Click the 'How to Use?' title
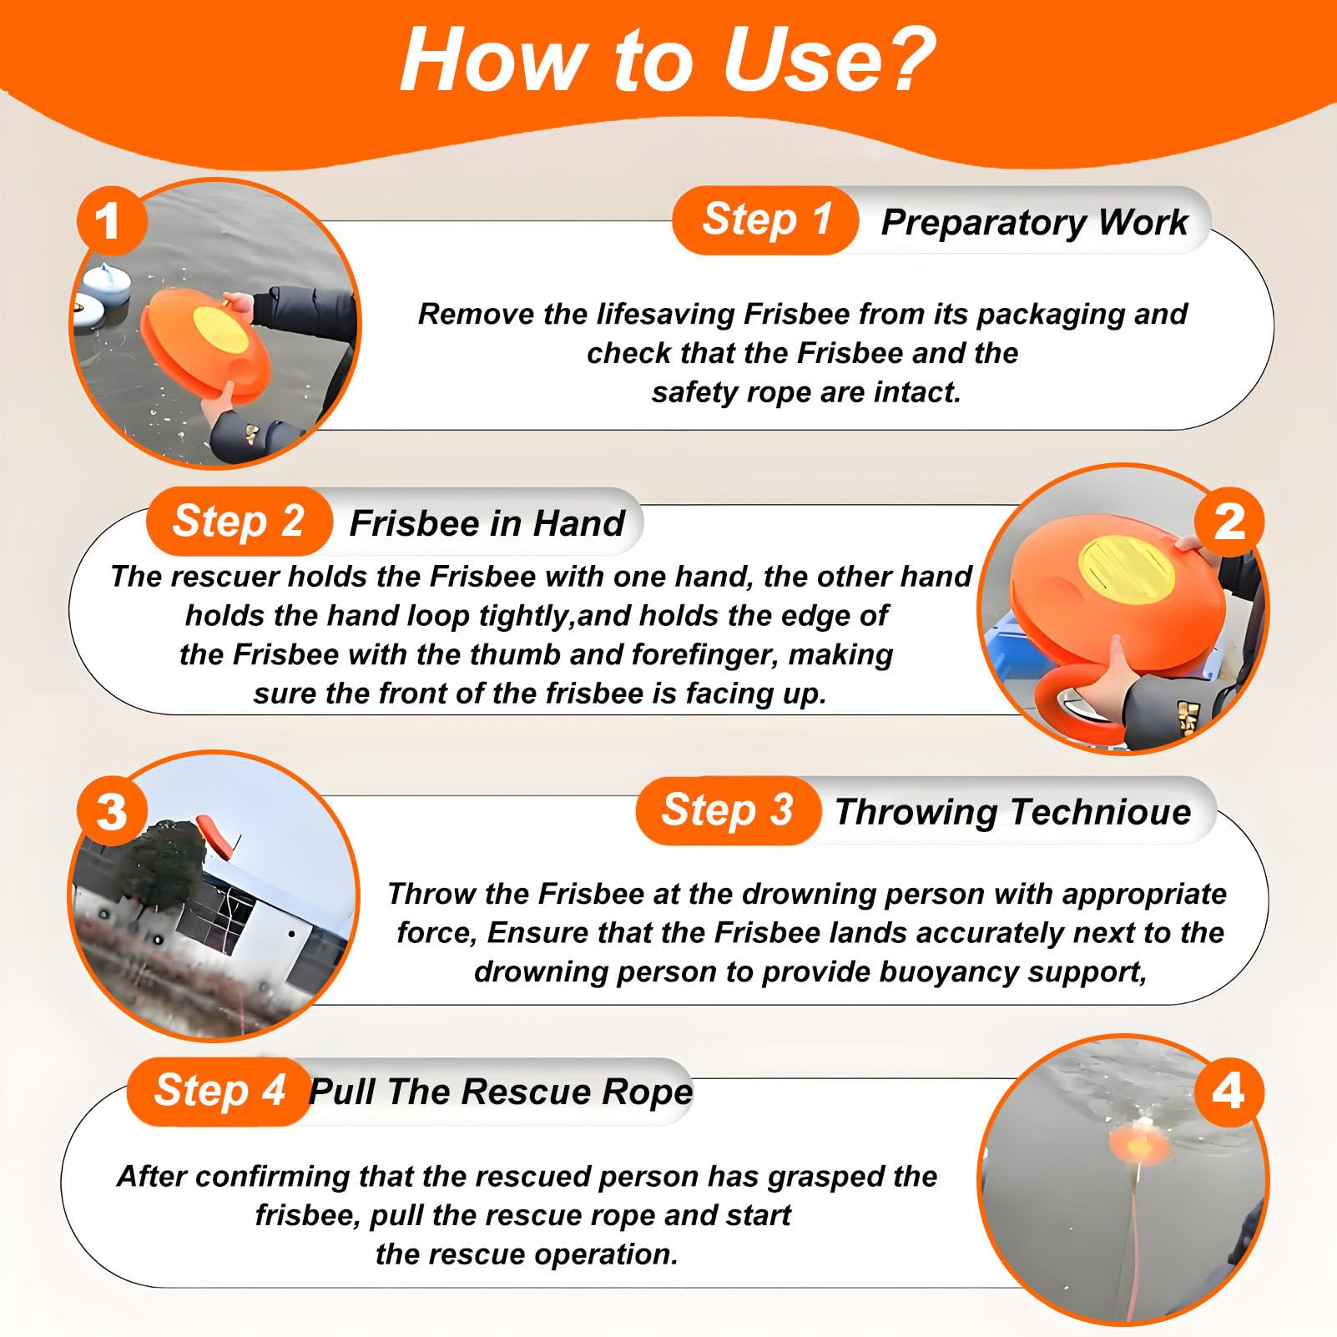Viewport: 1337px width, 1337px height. tap(668, 60)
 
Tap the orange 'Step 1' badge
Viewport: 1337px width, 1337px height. tap(765, 220)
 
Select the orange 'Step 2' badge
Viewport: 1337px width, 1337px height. tap(239, 522)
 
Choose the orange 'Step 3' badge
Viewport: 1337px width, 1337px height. tap(728, 810)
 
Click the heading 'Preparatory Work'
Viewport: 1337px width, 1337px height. tap(1034, 222)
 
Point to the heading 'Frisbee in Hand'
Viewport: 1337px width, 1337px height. tap(487, 523)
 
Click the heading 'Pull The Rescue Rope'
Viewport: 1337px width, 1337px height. tap(501, 1092)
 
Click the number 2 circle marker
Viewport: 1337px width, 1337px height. tap(1229, 522)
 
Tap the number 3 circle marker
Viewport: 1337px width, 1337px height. tap(112, 811)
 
